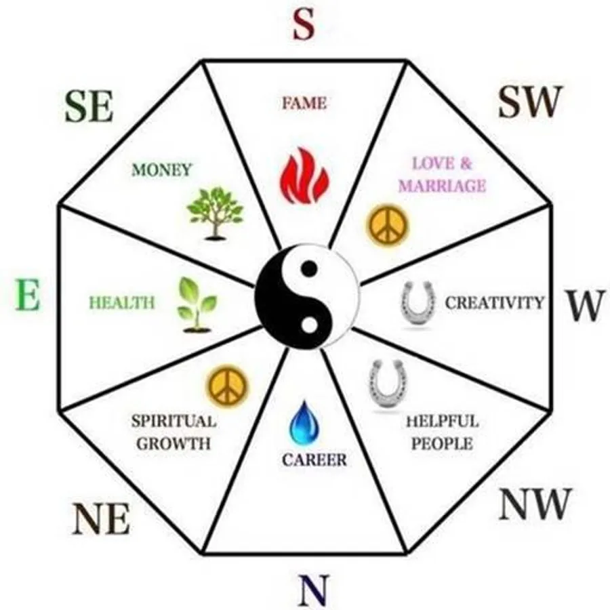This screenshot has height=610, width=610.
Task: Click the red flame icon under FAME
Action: tap(304, 177)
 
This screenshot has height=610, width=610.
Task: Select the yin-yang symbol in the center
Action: tap(307, 298)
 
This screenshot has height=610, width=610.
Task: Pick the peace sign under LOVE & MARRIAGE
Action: tap(388, 226)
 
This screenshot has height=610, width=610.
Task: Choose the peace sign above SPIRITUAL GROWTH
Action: tap(228, 385)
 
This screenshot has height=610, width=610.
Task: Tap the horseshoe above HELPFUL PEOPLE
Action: tap(384, 384)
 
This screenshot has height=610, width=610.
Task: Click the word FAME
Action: tap(304, 104)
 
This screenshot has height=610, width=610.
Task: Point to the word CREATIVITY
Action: tap(494, 302)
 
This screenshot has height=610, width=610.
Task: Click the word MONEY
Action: tap(162, 169)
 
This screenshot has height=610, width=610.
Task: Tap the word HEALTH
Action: tap(122, 302)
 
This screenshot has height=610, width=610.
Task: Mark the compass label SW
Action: tap(531, 102)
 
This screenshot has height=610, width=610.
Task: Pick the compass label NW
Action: tap(535, 504)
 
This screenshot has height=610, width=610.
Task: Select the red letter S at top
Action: tap(304, 25)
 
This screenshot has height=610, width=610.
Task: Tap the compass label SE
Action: tap(89, 106)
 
